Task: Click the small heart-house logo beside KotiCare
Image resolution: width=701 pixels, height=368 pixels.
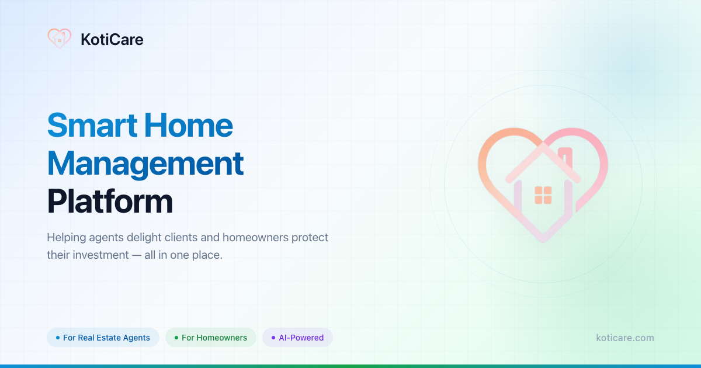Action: point(60,39)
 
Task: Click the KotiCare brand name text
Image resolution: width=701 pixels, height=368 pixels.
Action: point(112,40)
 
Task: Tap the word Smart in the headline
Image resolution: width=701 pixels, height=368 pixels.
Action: point(92,125)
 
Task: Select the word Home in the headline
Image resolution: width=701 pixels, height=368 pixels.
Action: point(188,125)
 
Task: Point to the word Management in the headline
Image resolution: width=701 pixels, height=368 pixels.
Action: point(145,164)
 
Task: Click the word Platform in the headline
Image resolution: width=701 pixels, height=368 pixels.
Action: point(110,202)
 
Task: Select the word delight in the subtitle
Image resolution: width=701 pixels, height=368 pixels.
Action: point(144,238)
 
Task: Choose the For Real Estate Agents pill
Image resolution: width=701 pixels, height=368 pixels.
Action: point(103,338)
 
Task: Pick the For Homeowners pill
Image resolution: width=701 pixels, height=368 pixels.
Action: point(211,338)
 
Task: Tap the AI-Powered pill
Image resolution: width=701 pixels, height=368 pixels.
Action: point(297,338)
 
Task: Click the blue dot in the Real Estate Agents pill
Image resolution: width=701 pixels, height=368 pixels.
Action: point(58,338)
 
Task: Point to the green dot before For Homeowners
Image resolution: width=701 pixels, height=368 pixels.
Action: point(176,338)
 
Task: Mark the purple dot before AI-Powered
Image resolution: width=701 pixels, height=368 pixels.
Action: point(273,338)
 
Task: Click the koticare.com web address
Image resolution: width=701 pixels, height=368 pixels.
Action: point(625,338)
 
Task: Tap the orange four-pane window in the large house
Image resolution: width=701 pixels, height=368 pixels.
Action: point(543,195)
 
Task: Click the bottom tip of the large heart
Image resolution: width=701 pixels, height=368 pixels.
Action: point(543,240)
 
